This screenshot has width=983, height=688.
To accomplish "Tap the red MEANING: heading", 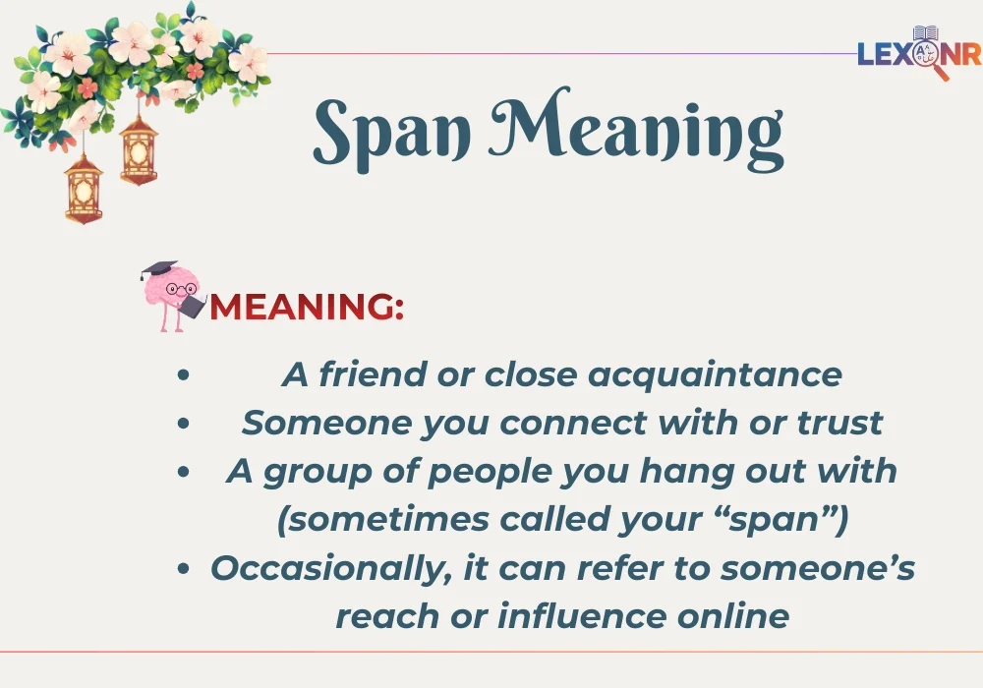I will pyautogui.click(x=306, y=307).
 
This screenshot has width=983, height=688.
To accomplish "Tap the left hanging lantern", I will pyautogui.click(x=84, y=187).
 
